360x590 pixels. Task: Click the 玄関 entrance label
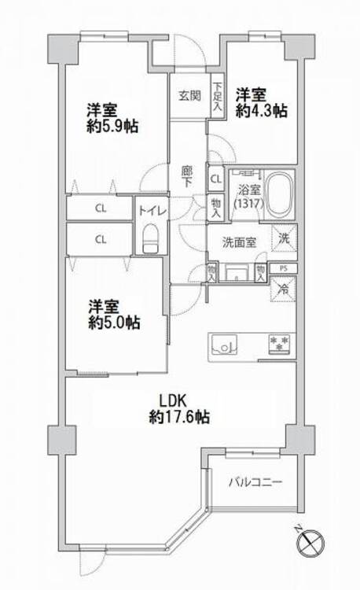click(x=189, y=95)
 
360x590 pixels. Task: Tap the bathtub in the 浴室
click(x=279, y=194)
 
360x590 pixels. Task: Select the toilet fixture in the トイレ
click(x=151, y=238)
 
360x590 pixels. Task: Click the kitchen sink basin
click(x=224, y=344)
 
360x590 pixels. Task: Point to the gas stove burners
click(x=280, y=344)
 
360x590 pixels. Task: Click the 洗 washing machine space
click(x=284, y=238)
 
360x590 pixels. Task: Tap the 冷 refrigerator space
click(x=284, y=289)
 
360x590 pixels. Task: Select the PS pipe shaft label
click(x=284, y=268)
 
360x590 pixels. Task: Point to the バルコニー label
click(x=255, y=481)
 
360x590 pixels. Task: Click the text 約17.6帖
click(x=179, y=417)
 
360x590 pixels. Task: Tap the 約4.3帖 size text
click(x=262, y=111)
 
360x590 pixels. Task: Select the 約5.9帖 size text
click(x=112, y=127)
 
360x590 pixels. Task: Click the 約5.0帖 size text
click(x=114, y=323)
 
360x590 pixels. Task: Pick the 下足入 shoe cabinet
click(x=217, y=96)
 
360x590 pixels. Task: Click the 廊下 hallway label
click(x=187, y=177)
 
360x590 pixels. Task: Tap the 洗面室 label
click(x=239, y=243)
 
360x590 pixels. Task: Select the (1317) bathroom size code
click(x=248, y=204)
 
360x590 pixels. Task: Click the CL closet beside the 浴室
click(x=216, y=179)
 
